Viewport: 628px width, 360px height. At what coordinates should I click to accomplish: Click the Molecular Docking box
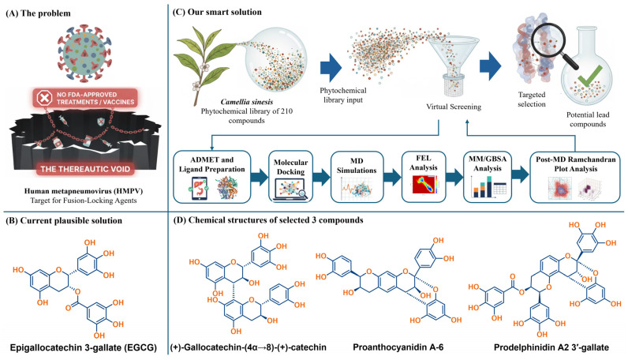[291, 176]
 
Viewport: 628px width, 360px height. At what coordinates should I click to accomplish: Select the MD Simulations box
[357, 176]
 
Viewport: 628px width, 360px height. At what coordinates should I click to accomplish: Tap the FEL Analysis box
[424, 176]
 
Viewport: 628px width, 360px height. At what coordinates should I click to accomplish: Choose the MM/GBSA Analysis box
[488, 176]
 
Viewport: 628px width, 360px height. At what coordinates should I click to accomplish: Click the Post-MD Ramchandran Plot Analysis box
[575, 176]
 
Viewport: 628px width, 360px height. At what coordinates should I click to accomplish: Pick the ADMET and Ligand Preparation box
[212, 176]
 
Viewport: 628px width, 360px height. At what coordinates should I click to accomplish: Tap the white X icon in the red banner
[44, 98]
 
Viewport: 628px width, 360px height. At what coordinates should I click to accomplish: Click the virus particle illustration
[84, 53]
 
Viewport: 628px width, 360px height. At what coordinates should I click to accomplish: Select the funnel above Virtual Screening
[454, 66]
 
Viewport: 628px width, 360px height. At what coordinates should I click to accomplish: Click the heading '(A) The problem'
[39, 13]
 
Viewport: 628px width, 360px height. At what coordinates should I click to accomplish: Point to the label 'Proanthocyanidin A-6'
[398, 347]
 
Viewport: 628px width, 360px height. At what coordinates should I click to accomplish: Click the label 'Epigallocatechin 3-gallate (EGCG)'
[84, 347]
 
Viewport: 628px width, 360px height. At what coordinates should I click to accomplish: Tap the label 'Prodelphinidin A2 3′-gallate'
[551, 347]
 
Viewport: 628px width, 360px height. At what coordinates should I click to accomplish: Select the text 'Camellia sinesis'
[247, 102]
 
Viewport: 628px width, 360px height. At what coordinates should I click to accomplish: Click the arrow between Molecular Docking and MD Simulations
[322, 177]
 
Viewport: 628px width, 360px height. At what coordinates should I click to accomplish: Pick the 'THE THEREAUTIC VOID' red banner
[85, 169]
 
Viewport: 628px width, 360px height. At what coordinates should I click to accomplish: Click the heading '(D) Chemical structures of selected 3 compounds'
[268, 220]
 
